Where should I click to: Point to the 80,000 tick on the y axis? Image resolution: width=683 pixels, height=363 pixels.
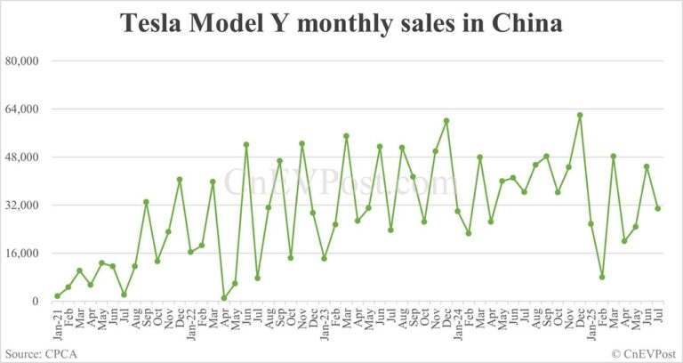click(x=23, y=60)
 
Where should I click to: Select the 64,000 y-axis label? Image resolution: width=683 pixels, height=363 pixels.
click(x=23, y=109)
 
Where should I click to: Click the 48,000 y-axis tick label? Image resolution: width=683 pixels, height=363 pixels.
click(x=23, y=157)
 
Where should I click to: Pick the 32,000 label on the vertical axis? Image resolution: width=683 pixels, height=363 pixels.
click(x=23, y=205)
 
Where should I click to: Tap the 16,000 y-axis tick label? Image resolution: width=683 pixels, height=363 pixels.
click(x=23, y=253)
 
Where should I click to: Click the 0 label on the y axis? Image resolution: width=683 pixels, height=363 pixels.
click(x=36, y=302)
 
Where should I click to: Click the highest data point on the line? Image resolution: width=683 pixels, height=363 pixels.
click(x=580, y=115)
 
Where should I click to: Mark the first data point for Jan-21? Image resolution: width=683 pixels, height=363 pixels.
click(x=57, y=296)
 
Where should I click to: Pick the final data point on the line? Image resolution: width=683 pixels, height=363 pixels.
click(x=658, y=208)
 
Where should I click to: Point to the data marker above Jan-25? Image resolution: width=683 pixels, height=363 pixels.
click(x=591, y=224)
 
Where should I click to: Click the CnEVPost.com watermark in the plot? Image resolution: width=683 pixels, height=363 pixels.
click(x=341, y=182)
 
